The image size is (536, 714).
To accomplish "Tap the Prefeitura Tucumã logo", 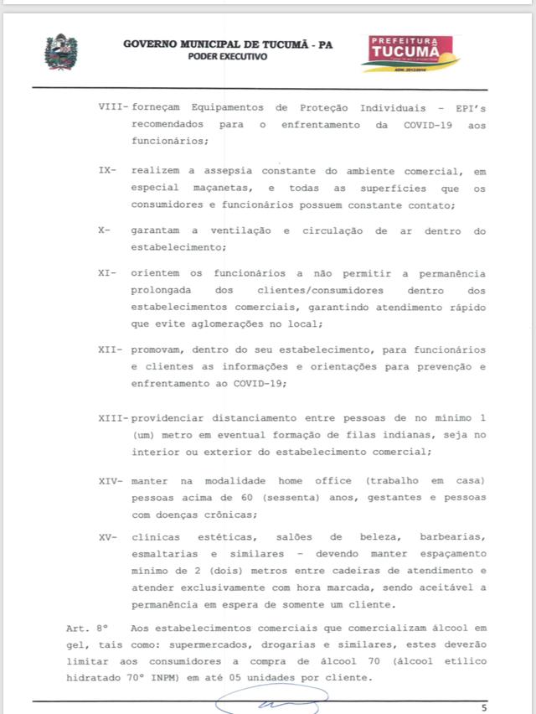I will pos(410,53).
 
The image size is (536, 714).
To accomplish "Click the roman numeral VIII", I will pos(111,109).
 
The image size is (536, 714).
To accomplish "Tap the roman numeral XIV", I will pos(111,480).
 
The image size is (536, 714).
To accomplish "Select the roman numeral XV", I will pos(108,535).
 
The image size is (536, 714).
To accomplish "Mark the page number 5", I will pos(483,706).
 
